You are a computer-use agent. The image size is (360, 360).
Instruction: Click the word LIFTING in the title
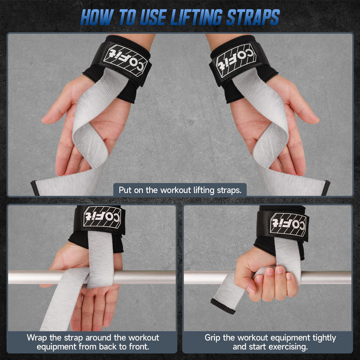point(196,17)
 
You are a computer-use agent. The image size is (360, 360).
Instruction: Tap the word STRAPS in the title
point(253,17)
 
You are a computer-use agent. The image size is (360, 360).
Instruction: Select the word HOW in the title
point(96,17)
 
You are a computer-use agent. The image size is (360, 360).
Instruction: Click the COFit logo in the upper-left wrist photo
point(125,60)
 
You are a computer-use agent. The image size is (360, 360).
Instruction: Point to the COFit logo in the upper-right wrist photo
point(236,60)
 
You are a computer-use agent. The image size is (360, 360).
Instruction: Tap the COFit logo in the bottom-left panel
point(102,217)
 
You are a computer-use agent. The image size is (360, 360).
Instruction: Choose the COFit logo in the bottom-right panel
point(288,224)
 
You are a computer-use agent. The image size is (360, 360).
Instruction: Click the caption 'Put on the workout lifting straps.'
point(180,190)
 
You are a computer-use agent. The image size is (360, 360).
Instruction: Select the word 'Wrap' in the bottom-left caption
point(36,337)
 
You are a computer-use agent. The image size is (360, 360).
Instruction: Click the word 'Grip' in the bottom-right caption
point(212,337)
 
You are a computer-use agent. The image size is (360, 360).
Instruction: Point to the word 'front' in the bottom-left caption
point(138,346)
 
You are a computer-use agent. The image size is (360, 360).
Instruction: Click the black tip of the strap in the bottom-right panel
point(222,306)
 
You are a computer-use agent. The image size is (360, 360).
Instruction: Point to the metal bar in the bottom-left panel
point(92,277)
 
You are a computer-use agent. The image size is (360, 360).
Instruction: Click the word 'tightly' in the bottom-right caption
point(323,338)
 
